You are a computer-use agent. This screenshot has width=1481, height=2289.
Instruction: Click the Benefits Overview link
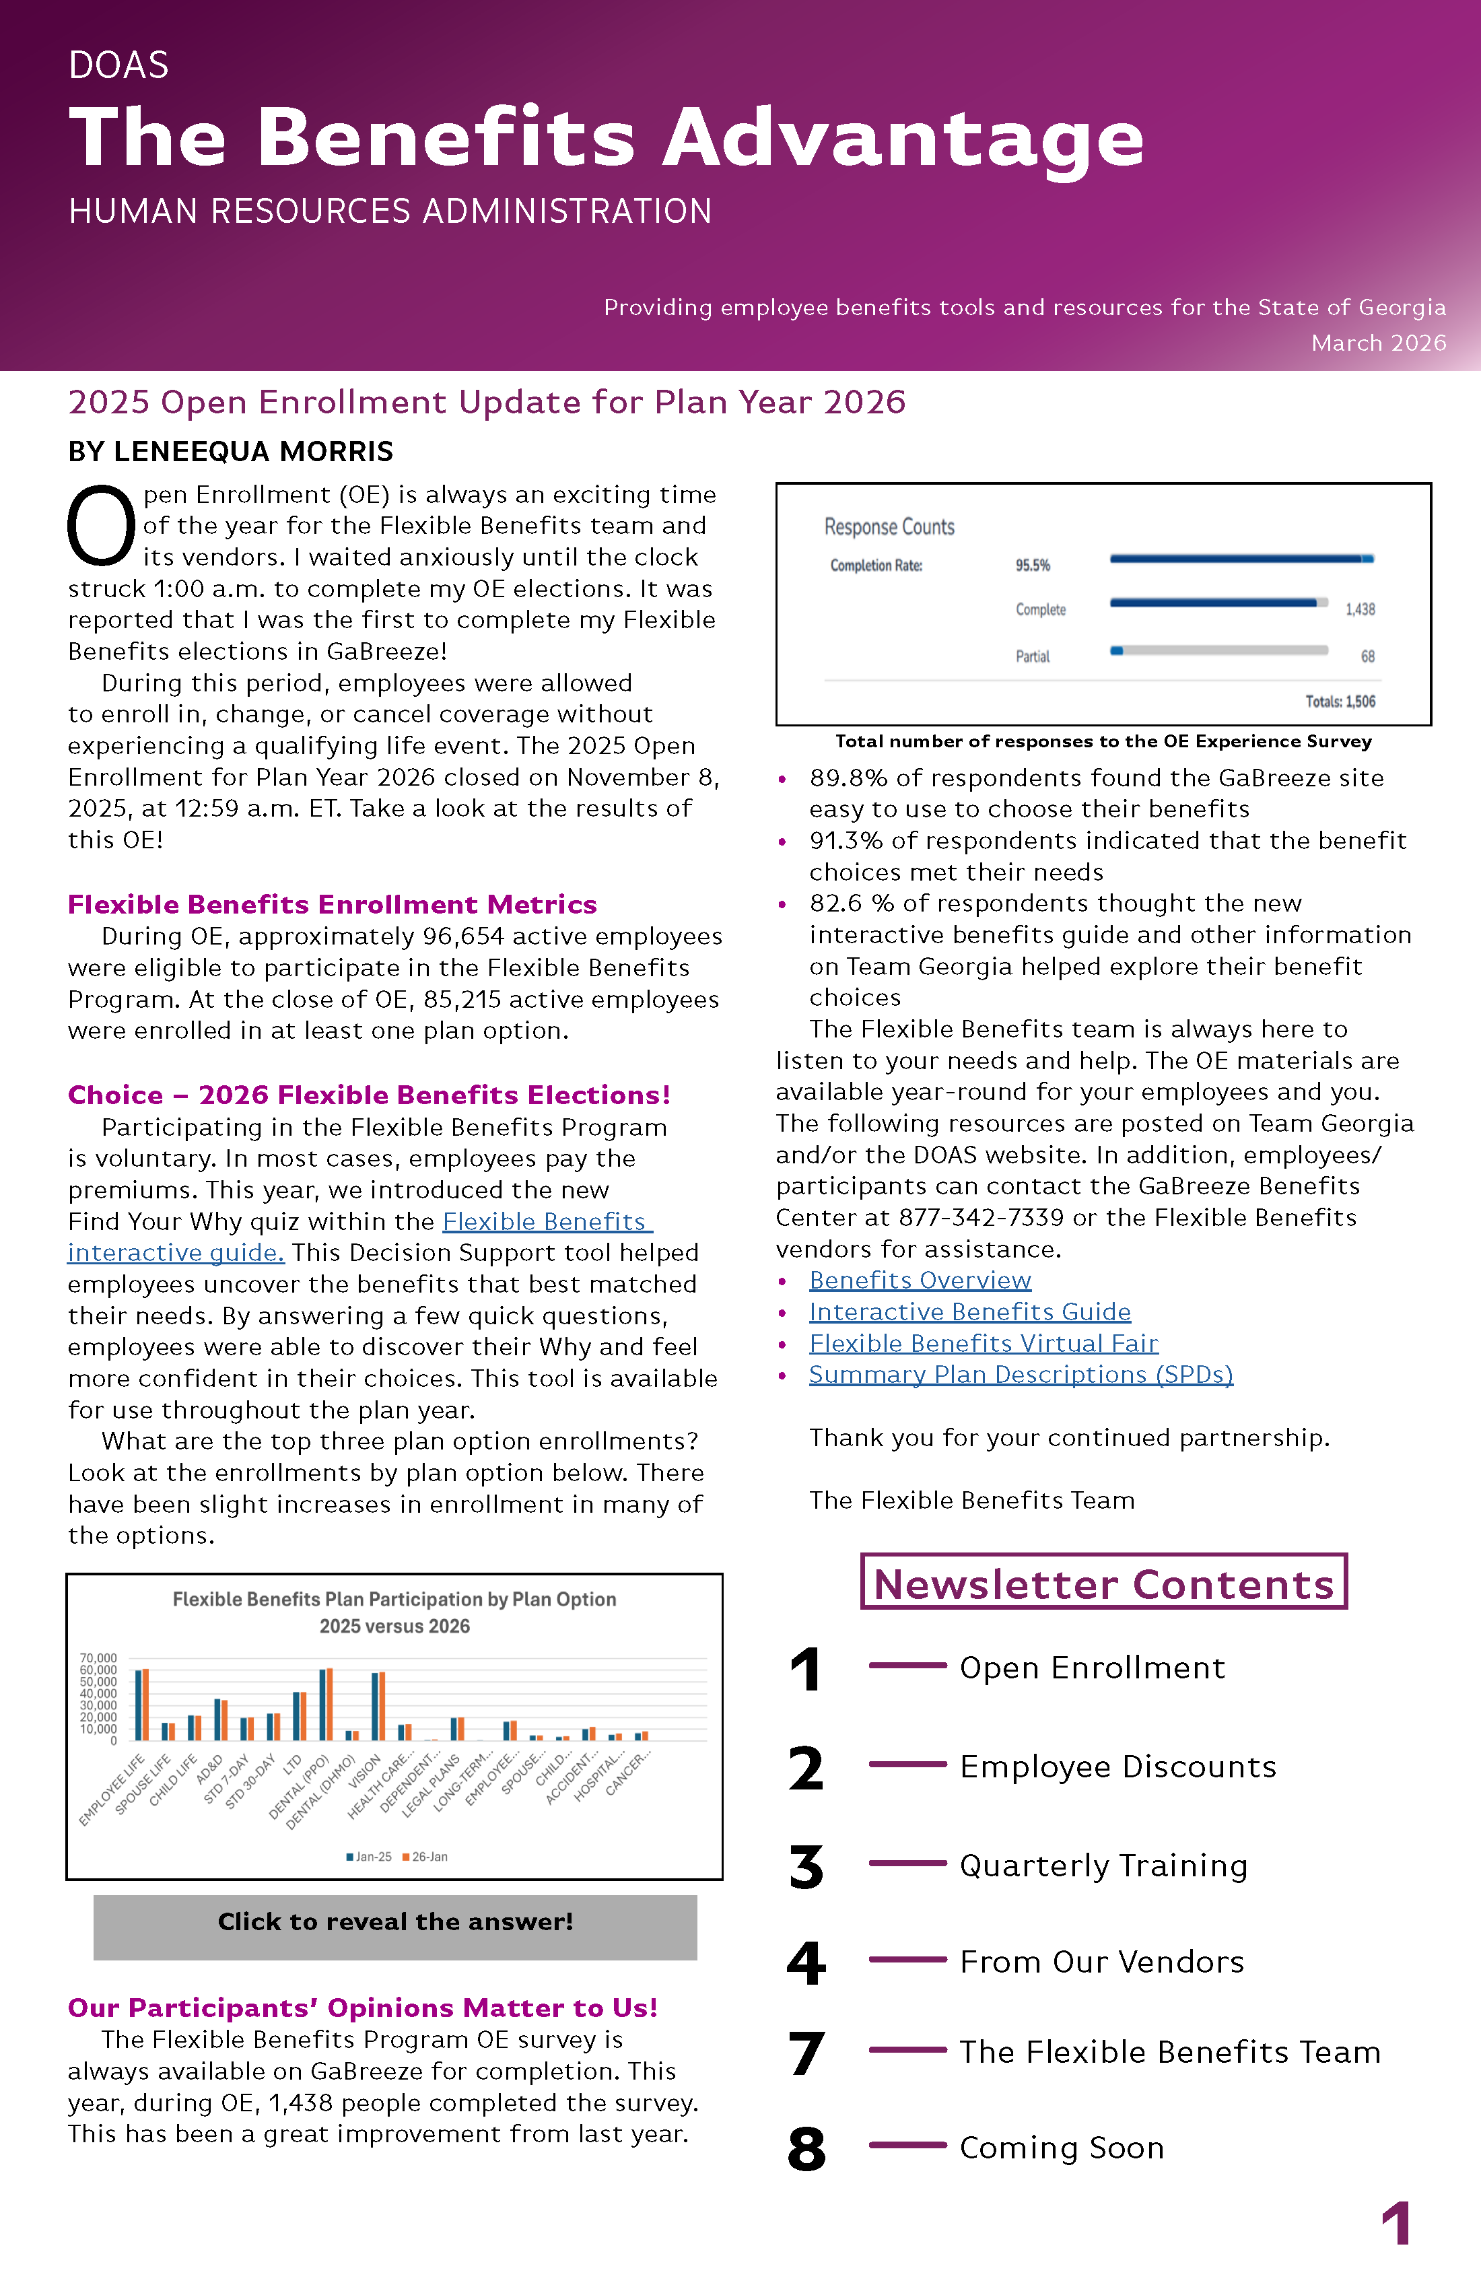(920, 1280)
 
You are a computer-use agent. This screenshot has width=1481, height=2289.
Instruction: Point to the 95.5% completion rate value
(1032, 566)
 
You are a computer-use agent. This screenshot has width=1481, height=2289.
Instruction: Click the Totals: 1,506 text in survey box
(1340, 701)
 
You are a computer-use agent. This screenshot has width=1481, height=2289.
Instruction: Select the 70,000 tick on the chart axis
(98, 1658)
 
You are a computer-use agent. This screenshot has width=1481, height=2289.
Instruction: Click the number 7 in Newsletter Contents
(806, 2053)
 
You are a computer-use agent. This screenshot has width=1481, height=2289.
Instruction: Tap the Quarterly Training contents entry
(1103, 1865)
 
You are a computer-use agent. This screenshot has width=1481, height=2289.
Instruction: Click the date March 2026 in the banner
(1378, 343)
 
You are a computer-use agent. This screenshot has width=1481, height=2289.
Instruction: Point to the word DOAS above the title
(118, 65)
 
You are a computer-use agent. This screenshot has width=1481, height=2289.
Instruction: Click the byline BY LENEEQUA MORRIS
(231, 451)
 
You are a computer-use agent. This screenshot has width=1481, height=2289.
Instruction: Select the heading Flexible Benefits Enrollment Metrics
(332, 904)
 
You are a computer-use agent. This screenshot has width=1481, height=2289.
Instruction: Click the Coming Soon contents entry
(1061, 2148)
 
